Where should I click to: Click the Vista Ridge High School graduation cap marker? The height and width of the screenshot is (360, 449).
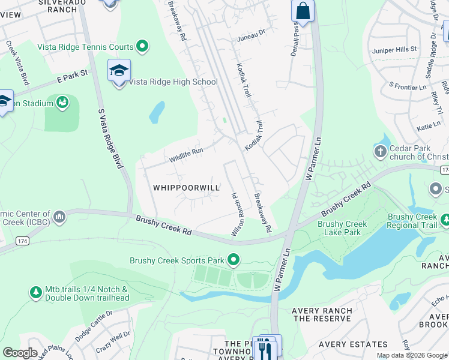coord(119,71)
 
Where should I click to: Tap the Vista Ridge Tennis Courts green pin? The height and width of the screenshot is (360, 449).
coord(142,46)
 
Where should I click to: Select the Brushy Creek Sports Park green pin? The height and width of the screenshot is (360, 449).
coord(233,260)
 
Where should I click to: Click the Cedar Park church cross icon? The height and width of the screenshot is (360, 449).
coord(379,152)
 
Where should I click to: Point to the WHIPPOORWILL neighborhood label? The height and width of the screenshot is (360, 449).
coord(186,188)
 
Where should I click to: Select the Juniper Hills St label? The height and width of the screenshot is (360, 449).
coord(394,49)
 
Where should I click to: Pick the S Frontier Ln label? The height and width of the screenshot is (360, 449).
coord(407,86)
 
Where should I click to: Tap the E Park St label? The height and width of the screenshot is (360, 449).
coord(73,76)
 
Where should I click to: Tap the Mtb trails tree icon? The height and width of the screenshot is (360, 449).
coord(36,292)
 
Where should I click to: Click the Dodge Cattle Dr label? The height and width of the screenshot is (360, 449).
coord(94,326)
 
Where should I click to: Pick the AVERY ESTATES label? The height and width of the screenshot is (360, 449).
coord(353,344)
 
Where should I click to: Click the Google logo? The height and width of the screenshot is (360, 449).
coord(20,353)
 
